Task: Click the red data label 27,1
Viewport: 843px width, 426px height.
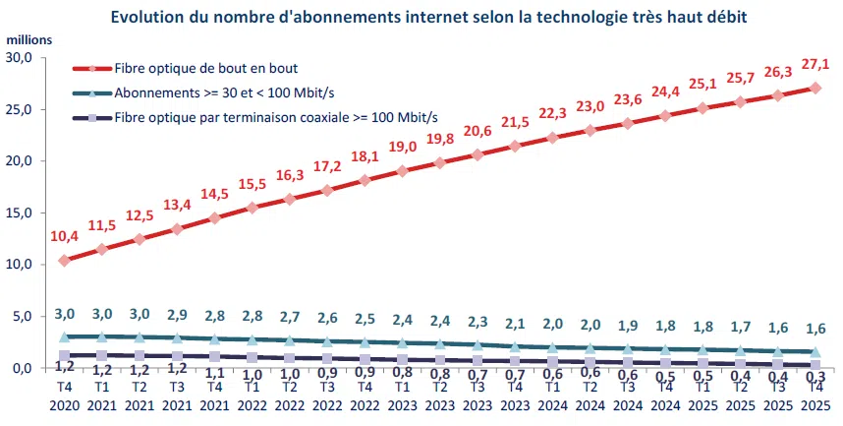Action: [815, 64]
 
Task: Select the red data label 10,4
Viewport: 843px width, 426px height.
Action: [64, 236]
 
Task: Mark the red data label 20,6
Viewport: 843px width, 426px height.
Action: [478, 131]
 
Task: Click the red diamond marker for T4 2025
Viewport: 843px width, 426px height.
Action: [815, 88]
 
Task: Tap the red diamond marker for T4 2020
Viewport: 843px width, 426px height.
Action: [65, 261]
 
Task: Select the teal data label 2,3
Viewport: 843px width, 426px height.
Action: [478, 321]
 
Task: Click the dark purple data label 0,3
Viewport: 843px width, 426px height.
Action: [815, 377]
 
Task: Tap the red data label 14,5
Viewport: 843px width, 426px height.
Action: [214, 194]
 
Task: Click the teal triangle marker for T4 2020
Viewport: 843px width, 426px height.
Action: [65, 336]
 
